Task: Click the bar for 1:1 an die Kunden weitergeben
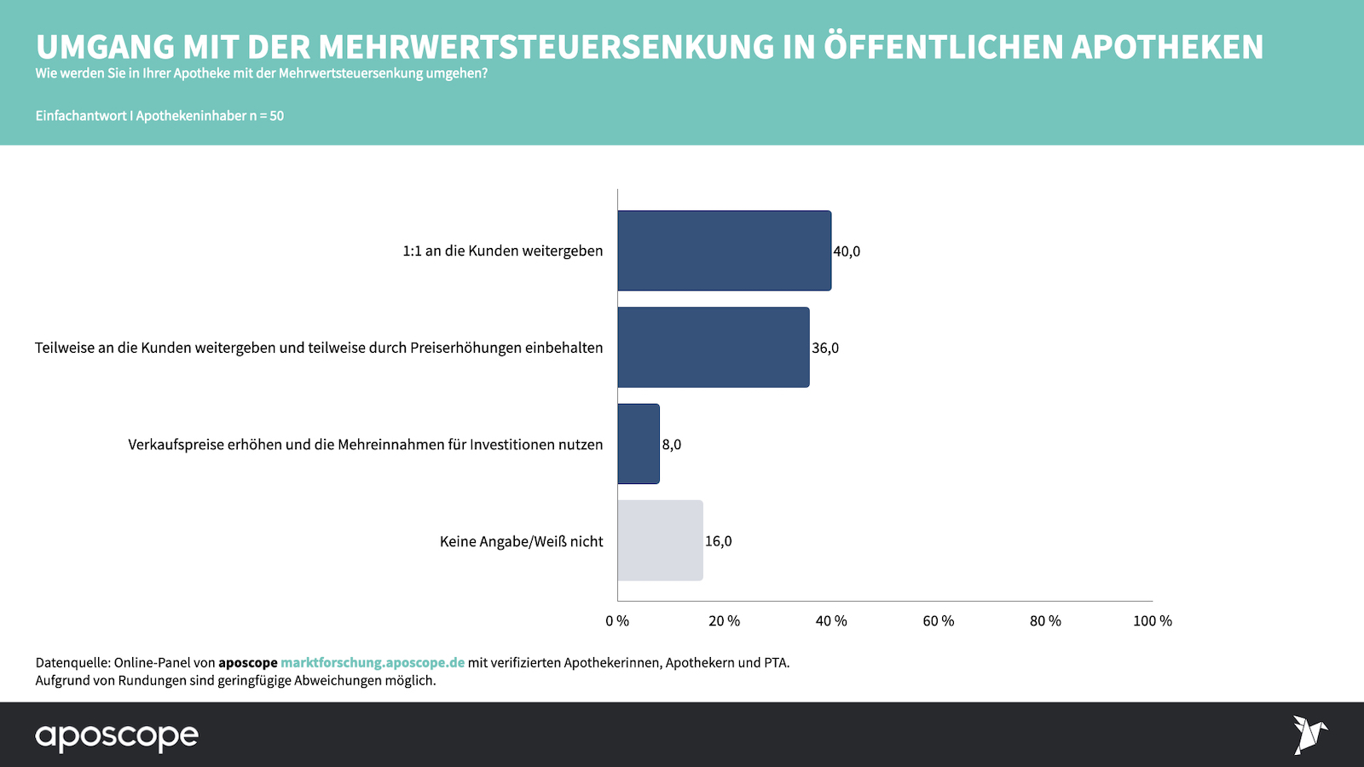724,251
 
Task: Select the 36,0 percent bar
714,348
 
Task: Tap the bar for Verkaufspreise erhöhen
639,444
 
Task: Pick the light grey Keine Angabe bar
660,540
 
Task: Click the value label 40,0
847,251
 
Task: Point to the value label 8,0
672,445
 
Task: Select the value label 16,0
718,541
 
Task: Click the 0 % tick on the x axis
617,621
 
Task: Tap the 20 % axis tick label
725,621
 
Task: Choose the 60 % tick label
939,621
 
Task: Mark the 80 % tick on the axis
1045,621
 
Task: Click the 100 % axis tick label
1153,621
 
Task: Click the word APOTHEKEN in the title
1167,47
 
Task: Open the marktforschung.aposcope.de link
373,663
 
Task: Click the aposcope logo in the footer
117,736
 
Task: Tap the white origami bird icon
1309,735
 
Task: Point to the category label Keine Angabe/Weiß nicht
521,542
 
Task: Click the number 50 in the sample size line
276,116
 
